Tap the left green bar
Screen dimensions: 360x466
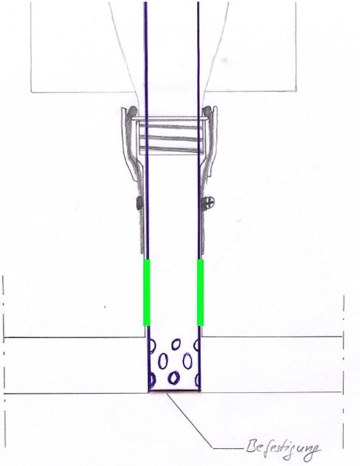click(x=147, y=293)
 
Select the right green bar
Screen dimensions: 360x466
click(x=201, y=293)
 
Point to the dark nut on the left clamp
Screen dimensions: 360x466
click(x=140, y=203)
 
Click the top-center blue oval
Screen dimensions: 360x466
click(x=176, y=345)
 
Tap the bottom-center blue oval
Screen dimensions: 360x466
click(x=174, y=377)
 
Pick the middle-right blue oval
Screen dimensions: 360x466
click(x=187, y=360)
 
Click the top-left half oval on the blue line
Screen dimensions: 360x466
click(x=151, y=346)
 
